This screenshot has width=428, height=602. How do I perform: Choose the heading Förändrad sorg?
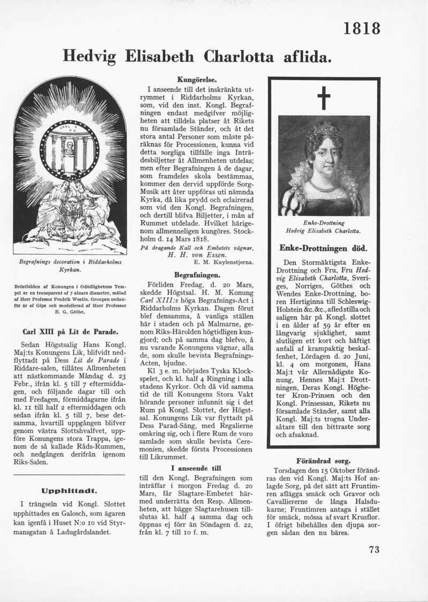[323, 460]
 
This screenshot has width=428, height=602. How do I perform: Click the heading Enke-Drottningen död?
[323, 248]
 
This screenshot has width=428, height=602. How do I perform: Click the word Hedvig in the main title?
[90, 55]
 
